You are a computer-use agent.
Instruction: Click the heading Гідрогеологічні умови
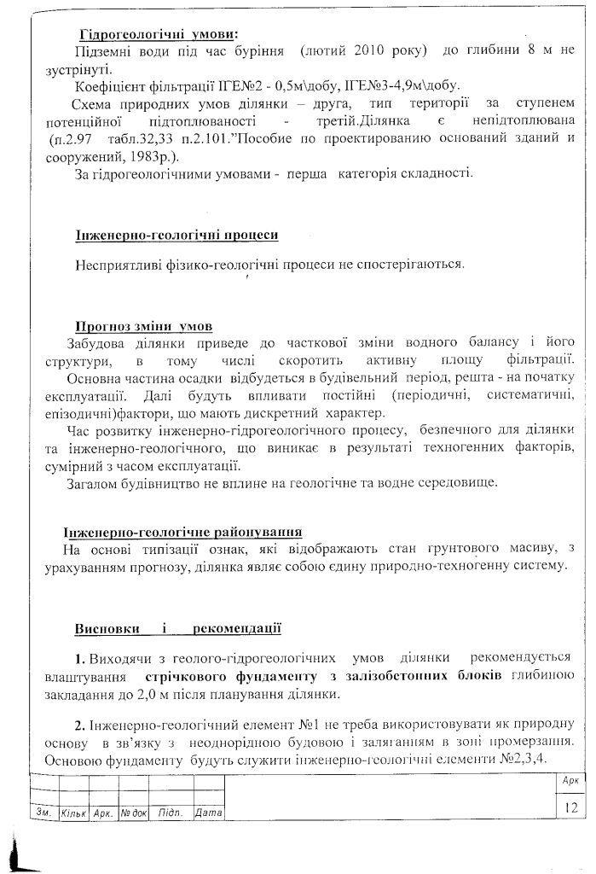[159, 35]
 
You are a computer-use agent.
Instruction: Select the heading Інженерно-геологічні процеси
[176, 234]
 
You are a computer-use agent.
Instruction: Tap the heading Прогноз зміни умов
[143, 326]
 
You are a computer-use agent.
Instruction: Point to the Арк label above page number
[570, 781]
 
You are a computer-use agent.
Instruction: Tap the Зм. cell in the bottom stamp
[41, 813]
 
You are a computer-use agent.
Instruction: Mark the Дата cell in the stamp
[208, 813]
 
